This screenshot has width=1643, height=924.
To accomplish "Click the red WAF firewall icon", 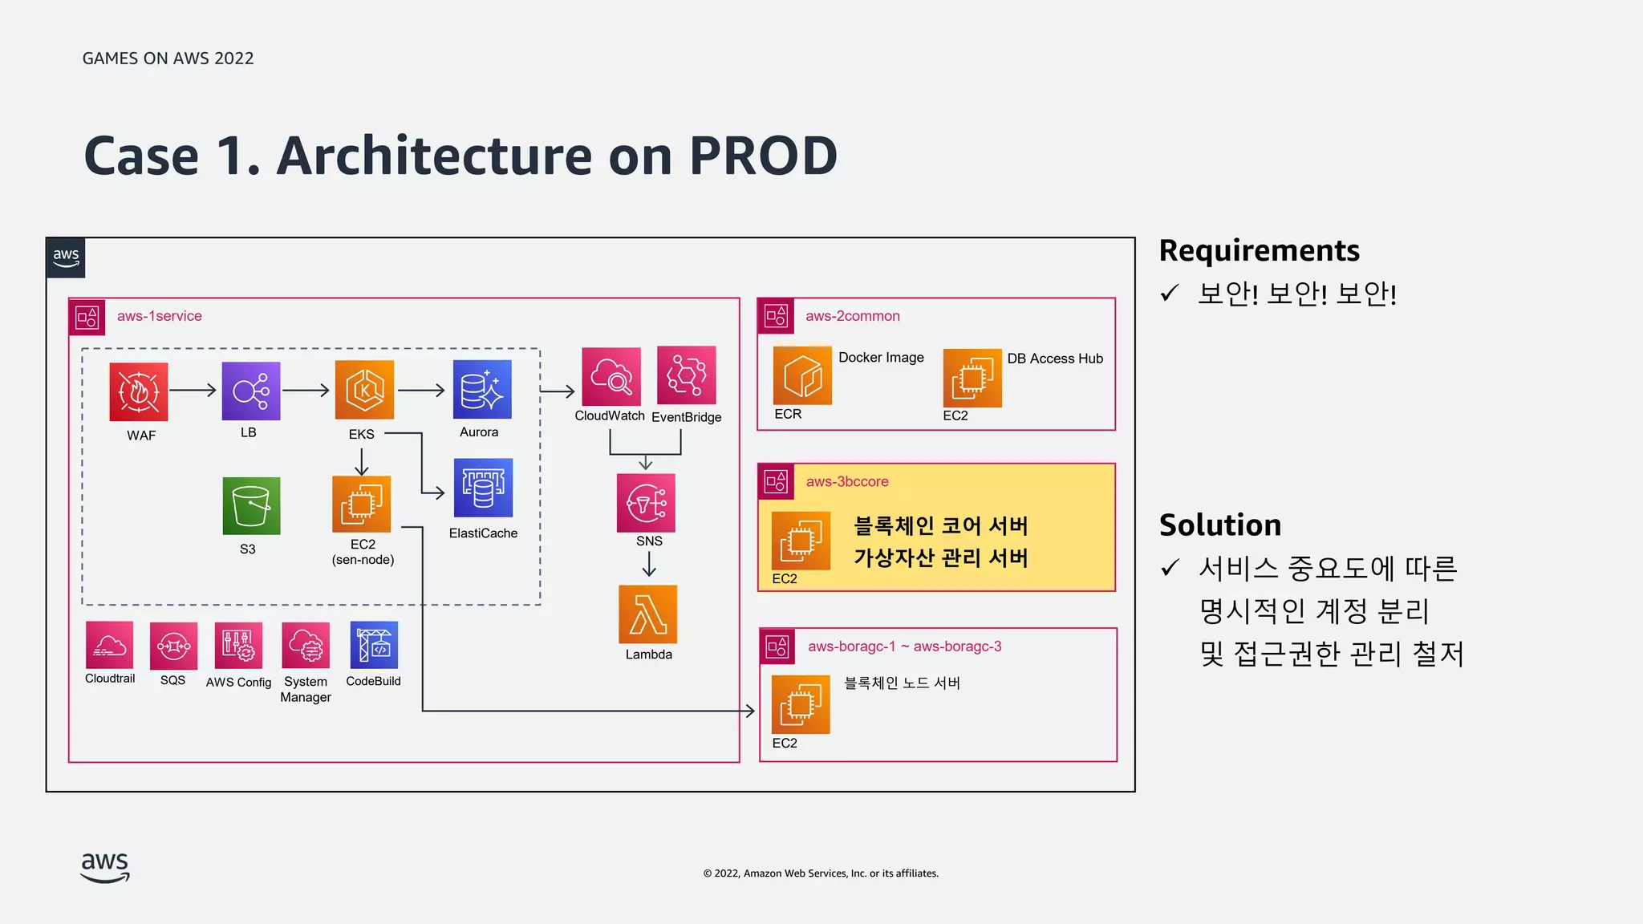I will [139, 391].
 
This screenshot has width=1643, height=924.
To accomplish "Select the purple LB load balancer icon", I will [251, 391].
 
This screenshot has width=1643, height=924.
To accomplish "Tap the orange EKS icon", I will [364, 390].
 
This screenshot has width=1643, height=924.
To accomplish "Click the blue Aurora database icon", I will [482, 390].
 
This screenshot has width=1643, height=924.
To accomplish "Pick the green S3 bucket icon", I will [251, 506].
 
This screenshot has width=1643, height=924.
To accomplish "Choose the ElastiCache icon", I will [483, 488].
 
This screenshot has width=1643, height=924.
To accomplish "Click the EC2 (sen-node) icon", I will [361, 504].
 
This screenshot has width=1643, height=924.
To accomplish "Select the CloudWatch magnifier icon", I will [611, 376].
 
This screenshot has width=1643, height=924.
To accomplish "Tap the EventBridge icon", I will [686, 375].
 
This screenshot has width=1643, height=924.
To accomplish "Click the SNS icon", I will [646, 503].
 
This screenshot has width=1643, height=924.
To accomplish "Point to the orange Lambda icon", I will [648, 614].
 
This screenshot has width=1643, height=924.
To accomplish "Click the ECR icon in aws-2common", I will [802, 375].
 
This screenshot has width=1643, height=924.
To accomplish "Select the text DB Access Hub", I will [1055, 359].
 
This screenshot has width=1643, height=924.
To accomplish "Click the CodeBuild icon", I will [374, 645].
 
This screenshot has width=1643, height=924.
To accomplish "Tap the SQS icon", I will [173, 646].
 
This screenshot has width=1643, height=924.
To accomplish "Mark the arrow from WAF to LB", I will [193, 391].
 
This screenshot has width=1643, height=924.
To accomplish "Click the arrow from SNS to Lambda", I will [649, 565].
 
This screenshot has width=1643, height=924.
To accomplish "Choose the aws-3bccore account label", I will [847, 481].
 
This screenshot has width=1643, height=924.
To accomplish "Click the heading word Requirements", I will [1259, 250].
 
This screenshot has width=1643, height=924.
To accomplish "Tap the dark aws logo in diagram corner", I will [66, 257].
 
